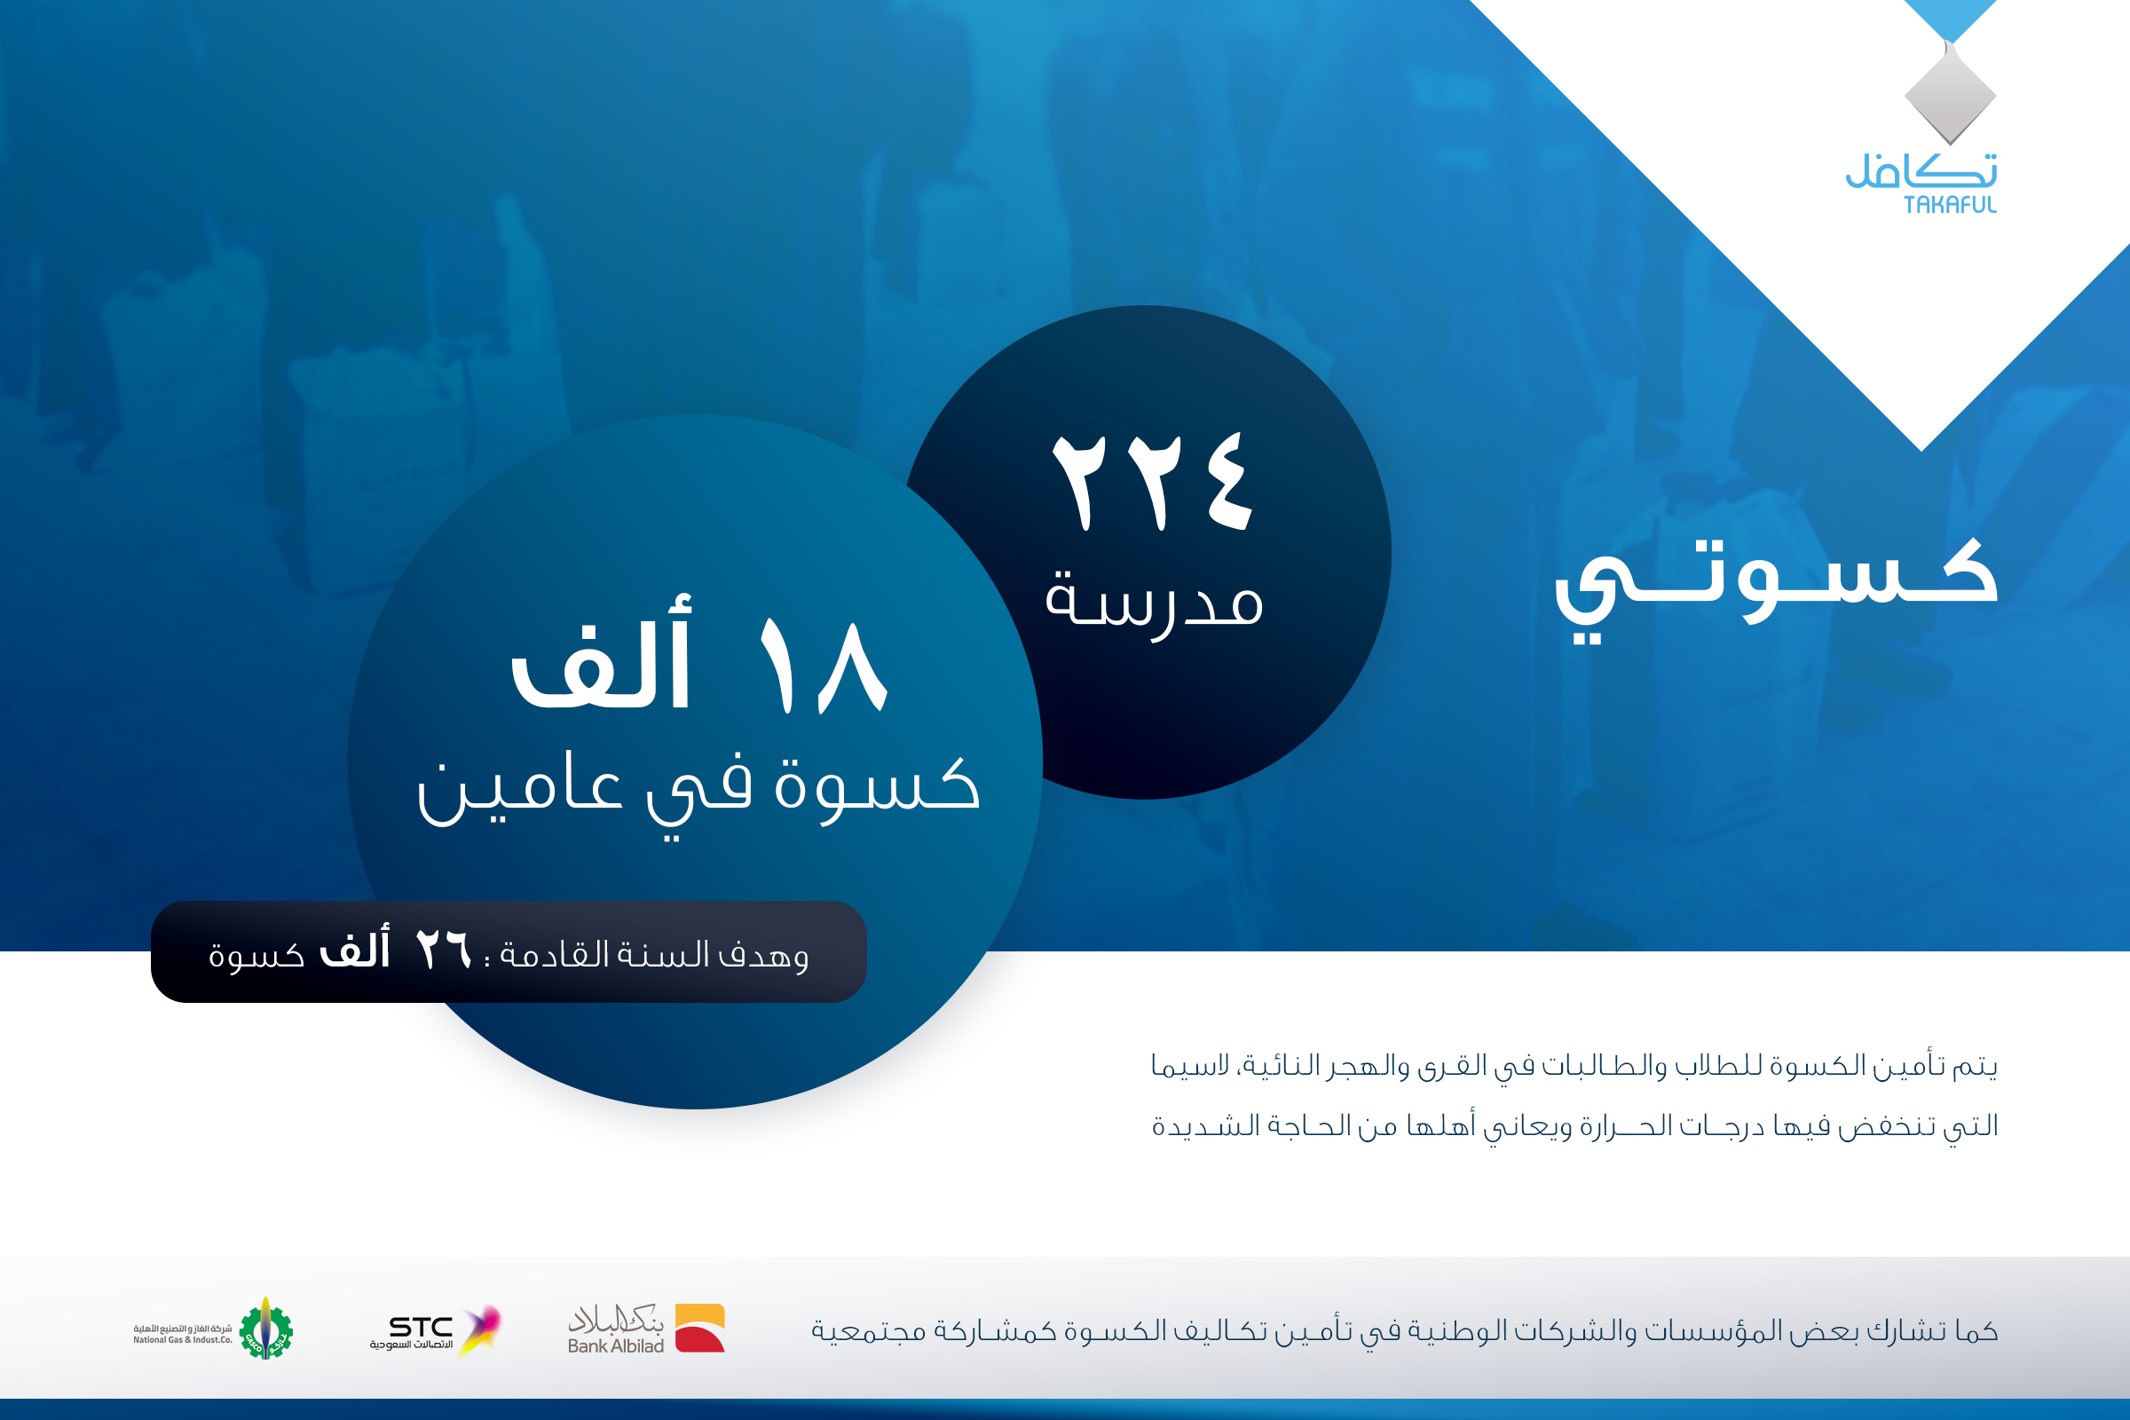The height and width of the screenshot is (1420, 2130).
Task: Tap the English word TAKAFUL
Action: [1950, 206]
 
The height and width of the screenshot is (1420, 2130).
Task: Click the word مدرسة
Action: [1154, 603]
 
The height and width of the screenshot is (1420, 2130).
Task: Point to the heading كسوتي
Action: [1777, 588]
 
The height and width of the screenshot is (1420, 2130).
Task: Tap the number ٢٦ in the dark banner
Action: [444, 951]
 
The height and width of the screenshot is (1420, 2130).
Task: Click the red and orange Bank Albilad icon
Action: [700, 1328]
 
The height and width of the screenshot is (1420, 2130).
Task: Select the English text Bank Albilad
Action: [616, 1345]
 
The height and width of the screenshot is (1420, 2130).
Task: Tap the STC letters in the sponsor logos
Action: [421, 1327]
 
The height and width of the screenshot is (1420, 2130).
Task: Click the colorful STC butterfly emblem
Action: [480, 1329]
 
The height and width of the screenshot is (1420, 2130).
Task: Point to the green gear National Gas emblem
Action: [265, 1329]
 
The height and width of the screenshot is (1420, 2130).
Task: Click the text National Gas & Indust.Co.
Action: [183, 1339]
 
